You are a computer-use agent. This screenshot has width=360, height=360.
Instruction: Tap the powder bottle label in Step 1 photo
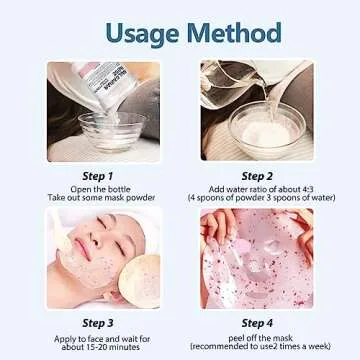[x=85, y=79]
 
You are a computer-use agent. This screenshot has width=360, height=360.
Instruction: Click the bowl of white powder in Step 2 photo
[x=267, y=128]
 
